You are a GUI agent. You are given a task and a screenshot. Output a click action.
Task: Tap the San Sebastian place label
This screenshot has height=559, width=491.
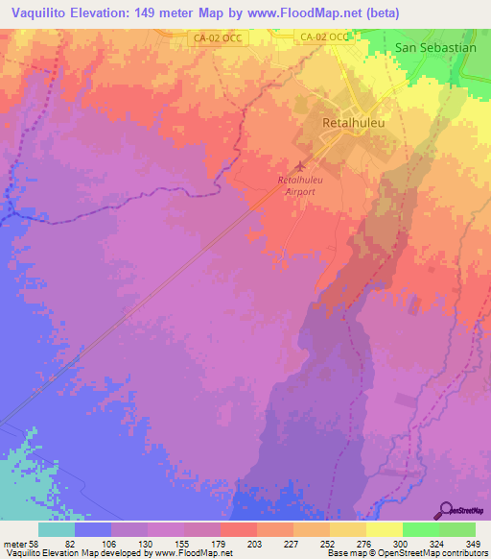click(435, 47)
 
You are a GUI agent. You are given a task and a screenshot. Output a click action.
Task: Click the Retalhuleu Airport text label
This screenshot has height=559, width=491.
click(301, 185)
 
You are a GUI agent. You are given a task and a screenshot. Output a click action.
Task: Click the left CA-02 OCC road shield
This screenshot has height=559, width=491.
click(209, 37)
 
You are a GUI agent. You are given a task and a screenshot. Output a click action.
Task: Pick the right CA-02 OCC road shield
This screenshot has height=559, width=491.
click(324, 37)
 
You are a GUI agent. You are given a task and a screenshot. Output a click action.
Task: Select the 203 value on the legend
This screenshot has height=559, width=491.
click(255, 544)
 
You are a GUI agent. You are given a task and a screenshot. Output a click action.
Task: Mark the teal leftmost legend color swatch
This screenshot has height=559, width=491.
click(56, 529)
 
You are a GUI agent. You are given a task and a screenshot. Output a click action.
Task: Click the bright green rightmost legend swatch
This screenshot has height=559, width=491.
click(457, 529)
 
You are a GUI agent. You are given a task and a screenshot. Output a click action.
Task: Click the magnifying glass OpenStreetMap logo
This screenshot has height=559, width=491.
click(447, 509)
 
